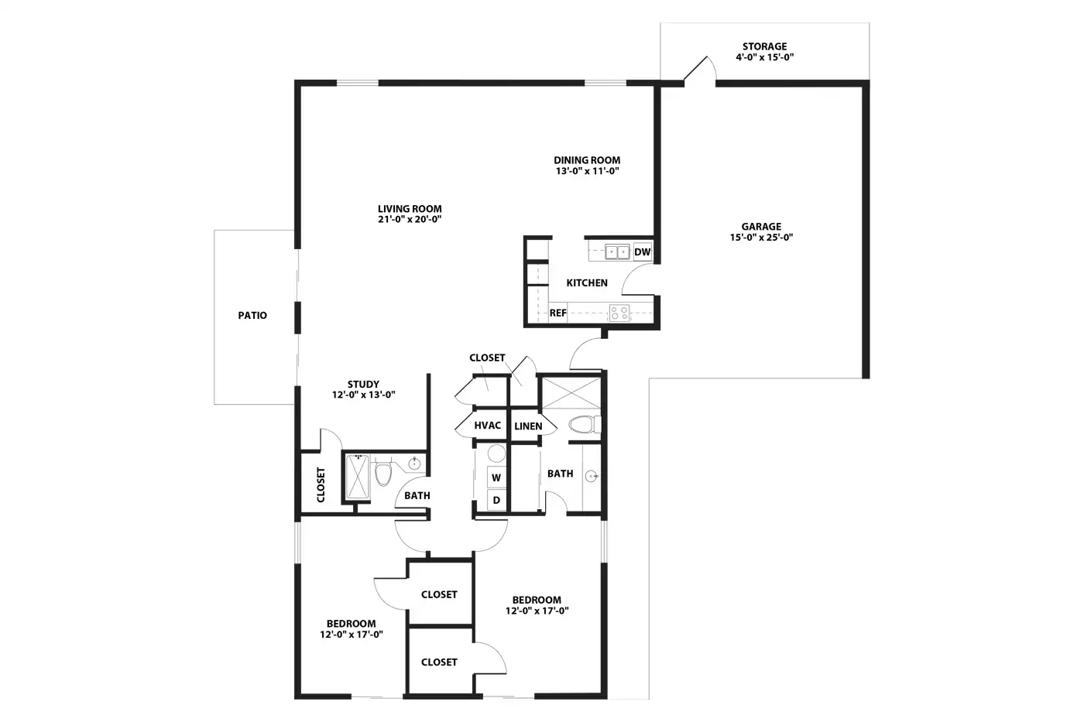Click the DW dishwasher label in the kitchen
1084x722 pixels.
click(642, 252)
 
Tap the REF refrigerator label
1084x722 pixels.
click(558, 313)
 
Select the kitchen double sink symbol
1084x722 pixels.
click(617, 252)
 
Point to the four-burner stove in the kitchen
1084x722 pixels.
click(619, 313)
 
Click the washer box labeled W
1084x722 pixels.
click(496, 477)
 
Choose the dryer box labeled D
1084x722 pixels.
click(496, 500)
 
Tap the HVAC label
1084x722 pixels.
click(487, 425)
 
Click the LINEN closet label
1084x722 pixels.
click(528, 426)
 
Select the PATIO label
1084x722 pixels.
click(252, 315)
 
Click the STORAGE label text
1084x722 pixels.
click(765, 46)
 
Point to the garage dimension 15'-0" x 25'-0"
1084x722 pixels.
click(761, 237)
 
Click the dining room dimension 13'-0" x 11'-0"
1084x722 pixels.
click(587, 171)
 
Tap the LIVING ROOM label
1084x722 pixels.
click(410, 209)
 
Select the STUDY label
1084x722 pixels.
click(363, 385)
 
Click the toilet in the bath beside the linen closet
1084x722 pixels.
click(585, 425)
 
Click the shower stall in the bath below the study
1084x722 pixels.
click(358, 477)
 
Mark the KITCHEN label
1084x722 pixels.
click(587, 283)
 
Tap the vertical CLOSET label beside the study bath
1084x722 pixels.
click(321, 484)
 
